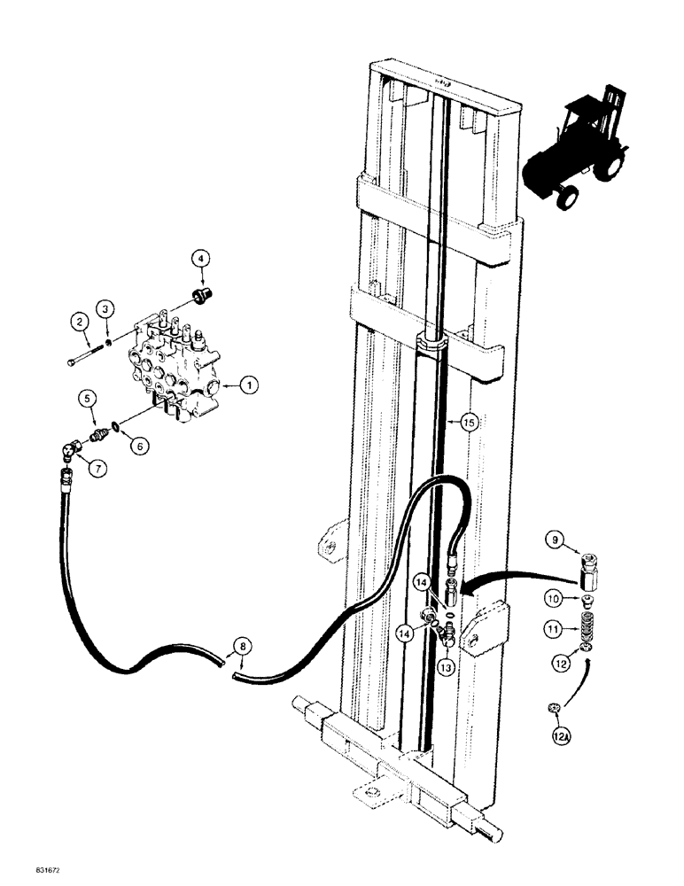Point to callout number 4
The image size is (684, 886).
(201, 259)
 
